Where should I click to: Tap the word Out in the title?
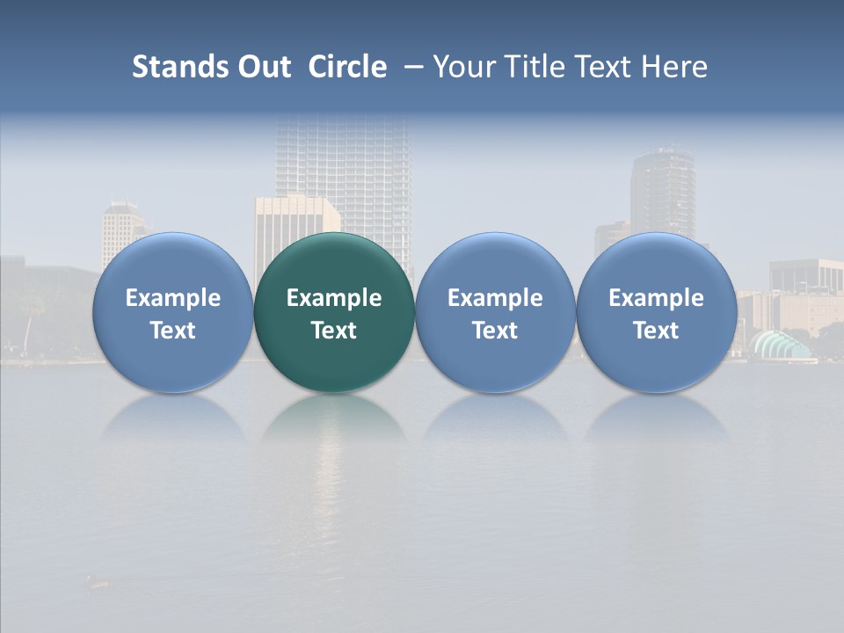coord(262,67)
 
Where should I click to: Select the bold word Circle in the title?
coord(347,67)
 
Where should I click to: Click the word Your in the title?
coord(463,67)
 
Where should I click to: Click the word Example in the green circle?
coord(334,298)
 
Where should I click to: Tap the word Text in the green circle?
coord(334,331)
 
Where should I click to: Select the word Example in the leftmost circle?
coord(173,298)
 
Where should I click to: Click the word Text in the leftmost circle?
coord(173,331)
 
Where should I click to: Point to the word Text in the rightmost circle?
coord(656,331)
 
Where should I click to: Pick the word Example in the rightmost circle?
coord(656,298)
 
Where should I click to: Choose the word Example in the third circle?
coord(495,298)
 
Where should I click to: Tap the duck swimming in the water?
coord(97,580)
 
